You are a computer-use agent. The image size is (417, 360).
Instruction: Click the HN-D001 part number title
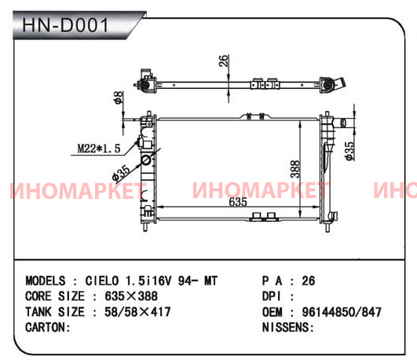coord(65,25)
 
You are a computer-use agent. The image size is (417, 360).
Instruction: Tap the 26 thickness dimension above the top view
coord(224,61)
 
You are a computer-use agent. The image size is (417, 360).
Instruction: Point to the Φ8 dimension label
coord(119,97)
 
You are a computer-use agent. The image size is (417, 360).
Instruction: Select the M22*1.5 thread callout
coord(99,149)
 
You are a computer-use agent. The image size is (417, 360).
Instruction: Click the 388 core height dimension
coord(295,169)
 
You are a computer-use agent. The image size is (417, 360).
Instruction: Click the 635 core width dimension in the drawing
coord(238,202)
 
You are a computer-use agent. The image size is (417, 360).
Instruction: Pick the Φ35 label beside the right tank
coord(349,151)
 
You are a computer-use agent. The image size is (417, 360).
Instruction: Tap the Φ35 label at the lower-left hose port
coord(121,174)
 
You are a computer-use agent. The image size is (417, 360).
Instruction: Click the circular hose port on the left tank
coord(146,160)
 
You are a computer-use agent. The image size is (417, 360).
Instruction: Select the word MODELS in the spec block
coord(46,281)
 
